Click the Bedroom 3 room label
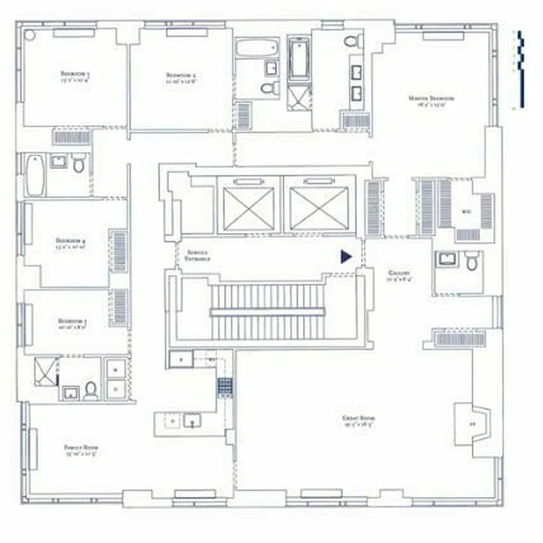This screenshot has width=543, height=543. [x=75, y=76]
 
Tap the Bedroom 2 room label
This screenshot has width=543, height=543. [x=181, y=76]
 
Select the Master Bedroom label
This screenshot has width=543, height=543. [x=432, y=100]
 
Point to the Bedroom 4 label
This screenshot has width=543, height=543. [x=71, y=242]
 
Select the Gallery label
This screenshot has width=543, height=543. [x=398, y=274]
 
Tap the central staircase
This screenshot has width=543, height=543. [x=266, y=311]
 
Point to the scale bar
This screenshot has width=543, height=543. [x=519, y=68]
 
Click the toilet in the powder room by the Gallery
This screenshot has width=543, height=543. [x=472, y=260]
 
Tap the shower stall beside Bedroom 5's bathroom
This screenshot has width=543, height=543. [x=45, y=371]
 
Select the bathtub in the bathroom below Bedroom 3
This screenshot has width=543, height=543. [x=34, y=174]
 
